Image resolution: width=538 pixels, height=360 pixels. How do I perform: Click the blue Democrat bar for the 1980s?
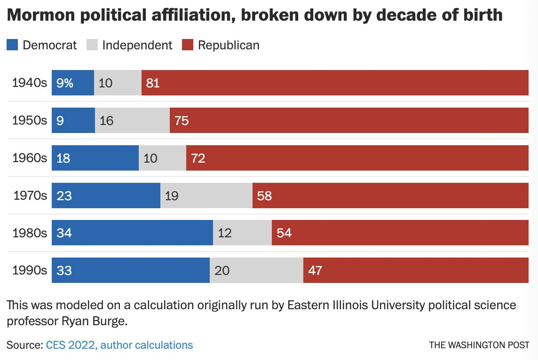(x=132, y=233)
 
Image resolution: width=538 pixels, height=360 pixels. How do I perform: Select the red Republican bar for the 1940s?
(x=335, y=83)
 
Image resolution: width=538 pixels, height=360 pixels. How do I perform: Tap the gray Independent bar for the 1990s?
(x=256, y=270)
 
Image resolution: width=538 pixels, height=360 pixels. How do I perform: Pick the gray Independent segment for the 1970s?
(x=206, y=195)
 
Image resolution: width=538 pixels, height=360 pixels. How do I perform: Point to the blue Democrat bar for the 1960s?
(x=95, y=157)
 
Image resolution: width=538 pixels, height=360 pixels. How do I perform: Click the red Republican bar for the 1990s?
(x=416, y=270)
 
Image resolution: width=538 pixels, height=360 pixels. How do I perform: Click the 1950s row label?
(x=30, y=120)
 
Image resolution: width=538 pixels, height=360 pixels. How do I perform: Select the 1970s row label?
(x=30, y=195)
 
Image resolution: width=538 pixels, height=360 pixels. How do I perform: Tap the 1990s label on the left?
(x=30, y=270)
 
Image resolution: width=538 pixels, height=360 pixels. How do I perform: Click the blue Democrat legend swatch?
(x=12, y=45)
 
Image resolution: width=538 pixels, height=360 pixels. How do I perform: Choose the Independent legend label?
(x=137, y=45)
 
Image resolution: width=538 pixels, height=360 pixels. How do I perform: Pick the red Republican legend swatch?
(x=188, y=45)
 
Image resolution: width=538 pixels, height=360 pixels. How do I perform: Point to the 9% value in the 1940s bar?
(x=65, y=83)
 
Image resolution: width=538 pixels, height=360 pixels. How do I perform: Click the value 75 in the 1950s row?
(x=182, y=120)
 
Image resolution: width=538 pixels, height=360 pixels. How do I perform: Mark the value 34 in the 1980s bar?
(x=64, y=233)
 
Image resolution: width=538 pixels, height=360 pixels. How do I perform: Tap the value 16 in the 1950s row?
(x=107, y=120)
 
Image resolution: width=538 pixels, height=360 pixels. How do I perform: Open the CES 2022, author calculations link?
(x=119, y=345)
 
